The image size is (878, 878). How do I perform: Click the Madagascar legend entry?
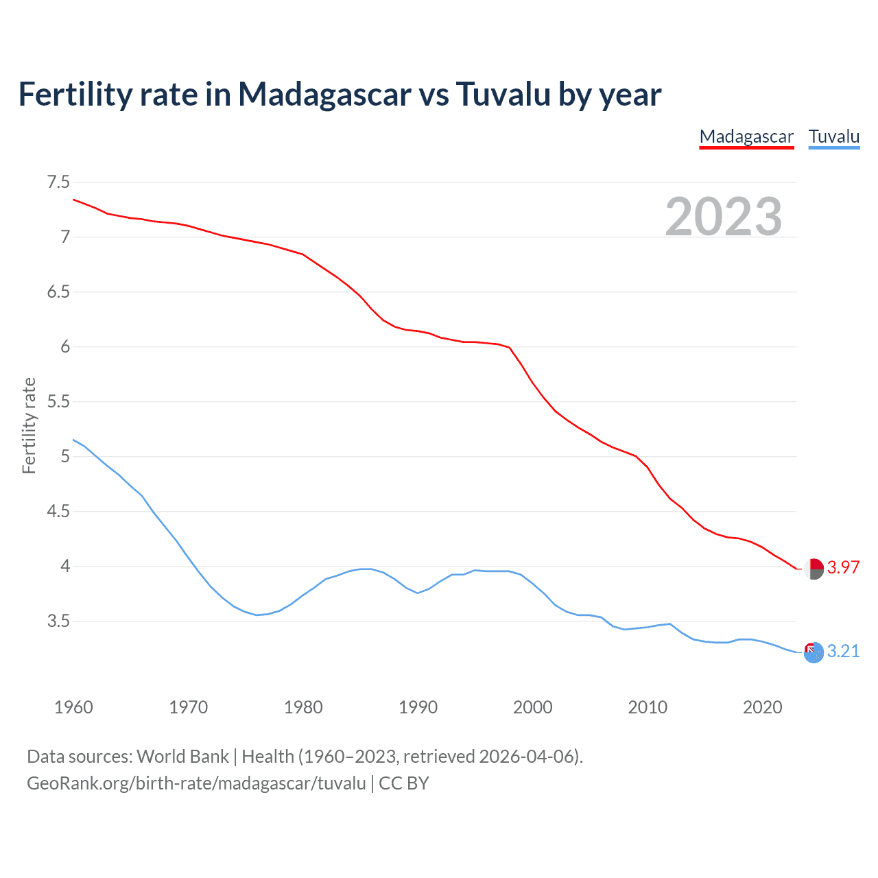[746, 137]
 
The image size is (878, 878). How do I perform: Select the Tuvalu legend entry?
[834, 137]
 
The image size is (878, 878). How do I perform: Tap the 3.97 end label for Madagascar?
[843, 568]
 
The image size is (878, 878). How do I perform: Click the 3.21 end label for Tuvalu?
[843, 652]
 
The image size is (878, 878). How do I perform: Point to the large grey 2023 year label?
[724, 217]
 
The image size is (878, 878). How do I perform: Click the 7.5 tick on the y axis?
[58, 182]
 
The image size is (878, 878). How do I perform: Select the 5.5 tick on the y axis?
[58, 402]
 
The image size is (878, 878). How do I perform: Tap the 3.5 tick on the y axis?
[58, 621]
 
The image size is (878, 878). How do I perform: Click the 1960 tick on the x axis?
[73, 707]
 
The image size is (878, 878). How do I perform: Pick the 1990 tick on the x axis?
[418, 707]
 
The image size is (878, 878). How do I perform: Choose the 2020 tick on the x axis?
[762, 707]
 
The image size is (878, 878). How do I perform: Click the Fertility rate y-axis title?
[29, 425]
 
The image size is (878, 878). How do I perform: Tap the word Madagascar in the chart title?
[324, 94]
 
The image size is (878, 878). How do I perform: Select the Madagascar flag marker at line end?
[814, 569]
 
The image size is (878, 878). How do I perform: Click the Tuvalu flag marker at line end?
[814, 652]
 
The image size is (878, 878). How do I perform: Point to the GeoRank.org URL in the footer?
[196, 783]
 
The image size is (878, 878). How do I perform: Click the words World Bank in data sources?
[182, 757]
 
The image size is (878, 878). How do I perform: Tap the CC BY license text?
[404, 783]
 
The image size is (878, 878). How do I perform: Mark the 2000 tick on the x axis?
[533, 707]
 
